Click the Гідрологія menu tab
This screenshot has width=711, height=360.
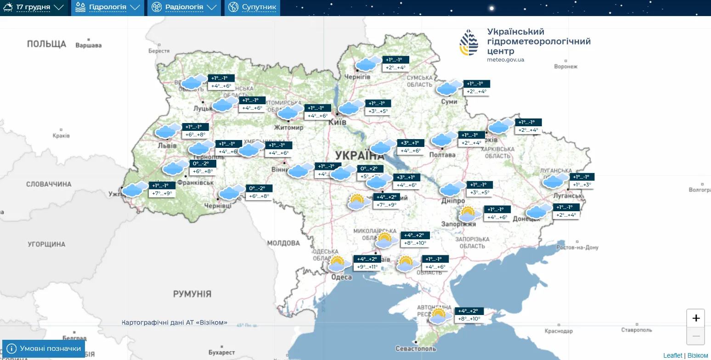coord(107,7)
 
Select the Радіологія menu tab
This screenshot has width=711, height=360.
coord(184,7)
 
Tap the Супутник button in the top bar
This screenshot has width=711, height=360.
coord(253,7)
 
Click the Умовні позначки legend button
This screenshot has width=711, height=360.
coord(44,349)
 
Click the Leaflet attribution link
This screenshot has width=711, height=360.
coord(672,355)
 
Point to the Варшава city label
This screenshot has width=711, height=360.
coord(88,45)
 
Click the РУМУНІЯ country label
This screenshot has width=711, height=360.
coord(192,294)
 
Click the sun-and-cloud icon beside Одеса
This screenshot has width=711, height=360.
coord(337,264)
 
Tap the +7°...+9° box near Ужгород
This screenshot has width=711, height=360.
coord(162,193)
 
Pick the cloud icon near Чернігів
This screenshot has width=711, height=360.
coord(368,63)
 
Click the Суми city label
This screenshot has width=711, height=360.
coord(449,101)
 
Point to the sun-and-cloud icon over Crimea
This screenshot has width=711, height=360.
coord(438,316)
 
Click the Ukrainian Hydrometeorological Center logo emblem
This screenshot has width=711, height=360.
coord(468,42)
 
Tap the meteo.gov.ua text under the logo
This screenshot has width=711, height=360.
coord(505,60)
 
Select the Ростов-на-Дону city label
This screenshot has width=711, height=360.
coord(577,247)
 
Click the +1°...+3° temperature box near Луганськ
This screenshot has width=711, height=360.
coord(582,185)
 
